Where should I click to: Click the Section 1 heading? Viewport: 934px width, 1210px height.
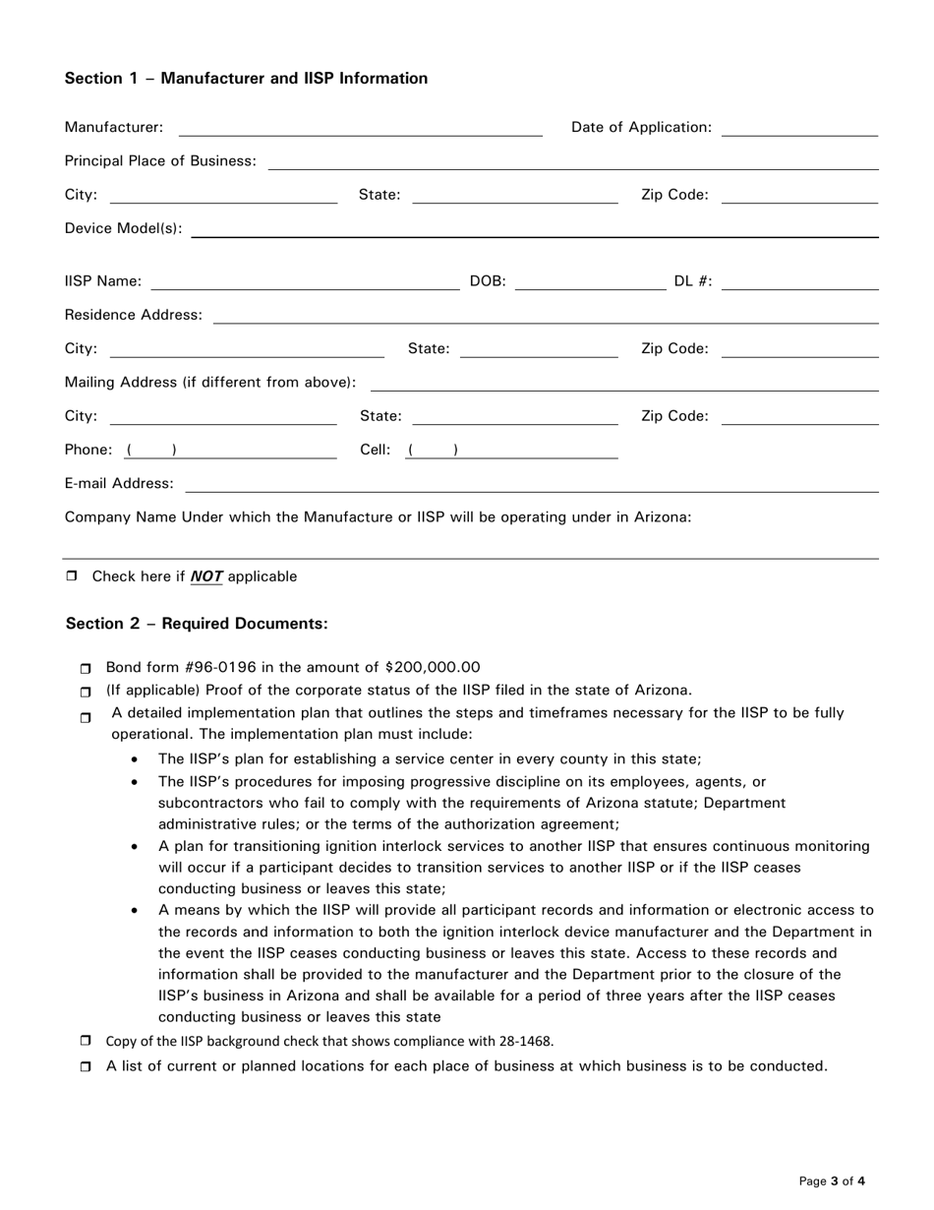point(246,79)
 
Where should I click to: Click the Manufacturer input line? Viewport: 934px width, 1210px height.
point(360,128)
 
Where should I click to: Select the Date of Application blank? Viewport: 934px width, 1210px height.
point(798,128)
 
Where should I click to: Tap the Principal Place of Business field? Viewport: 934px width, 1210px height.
point(573,161)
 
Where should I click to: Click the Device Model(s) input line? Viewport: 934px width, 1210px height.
point(534,229)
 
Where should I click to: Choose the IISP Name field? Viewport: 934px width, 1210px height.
point(305,283)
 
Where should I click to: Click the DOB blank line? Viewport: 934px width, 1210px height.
point(590,283)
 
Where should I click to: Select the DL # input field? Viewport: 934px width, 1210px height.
point(798,283)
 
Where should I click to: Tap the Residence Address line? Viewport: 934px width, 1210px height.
point(546,316)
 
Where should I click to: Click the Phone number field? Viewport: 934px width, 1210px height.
point(231,451)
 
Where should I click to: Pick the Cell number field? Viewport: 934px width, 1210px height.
point(511,451)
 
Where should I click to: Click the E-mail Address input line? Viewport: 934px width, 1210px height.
point(531,484)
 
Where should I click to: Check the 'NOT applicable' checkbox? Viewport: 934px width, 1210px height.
point(72,576)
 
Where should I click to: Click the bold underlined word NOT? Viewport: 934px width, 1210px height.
point(206,576)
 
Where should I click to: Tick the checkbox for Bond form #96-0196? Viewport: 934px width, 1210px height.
point(86,669)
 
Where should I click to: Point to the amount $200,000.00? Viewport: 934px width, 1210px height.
point(433,667)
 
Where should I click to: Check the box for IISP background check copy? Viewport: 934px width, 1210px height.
point(86,1041)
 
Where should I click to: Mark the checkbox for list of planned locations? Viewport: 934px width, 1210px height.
point(86,1066)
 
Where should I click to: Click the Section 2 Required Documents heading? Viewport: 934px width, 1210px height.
point(197,624)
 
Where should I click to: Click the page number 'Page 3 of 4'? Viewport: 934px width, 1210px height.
point(832,1181)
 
